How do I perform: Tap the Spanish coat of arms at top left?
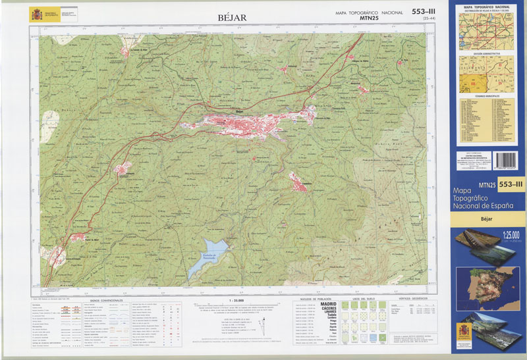(x=36, y=14)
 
